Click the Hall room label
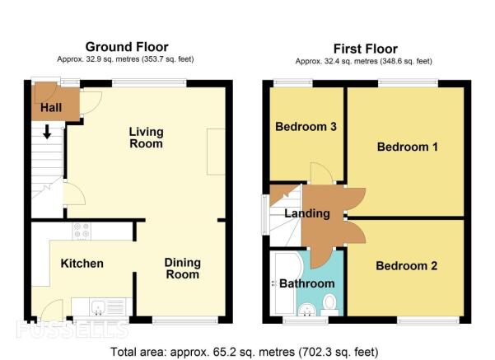(x=51, y=108)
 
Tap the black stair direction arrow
(x=47, y=132)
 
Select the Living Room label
(x=146, y=138)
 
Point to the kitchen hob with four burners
(x=82, y=231)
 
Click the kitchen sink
(x=99, y=307)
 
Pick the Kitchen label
(x=82, y=264)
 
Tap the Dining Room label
(x=183, y=269)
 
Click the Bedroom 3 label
(x=306, y=127)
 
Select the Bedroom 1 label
(x=408, y=147)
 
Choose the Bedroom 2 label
(x=407, y=266)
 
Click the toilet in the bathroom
(x=330, y=305)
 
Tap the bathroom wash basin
(x=307, y=310)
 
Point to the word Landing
(x=307, y=213)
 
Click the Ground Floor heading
(x=127, y=47)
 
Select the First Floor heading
(x=366, y=49)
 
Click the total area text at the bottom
(x=245, y=352)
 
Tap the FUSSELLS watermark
(x=72, y=330)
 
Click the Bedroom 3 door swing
(x=322, y=173)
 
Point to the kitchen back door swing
(x=52, y=311)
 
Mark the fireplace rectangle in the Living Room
(x=216, y=152)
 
